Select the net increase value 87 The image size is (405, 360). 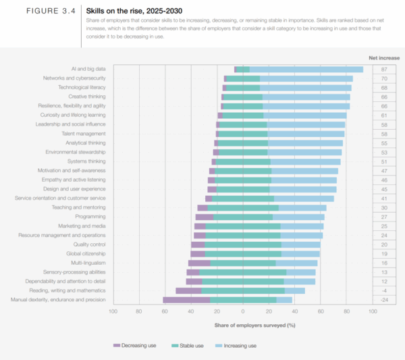pyautogui.click(x=383, y=70)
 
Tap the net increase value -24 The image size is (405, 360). pyautogui.click(x=383, y=299)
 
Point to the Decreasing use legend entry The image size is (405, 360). pyautogui.click(x=138, y=345)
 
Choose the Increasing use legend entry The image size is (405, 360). pyautogui.click(x=239, y=345)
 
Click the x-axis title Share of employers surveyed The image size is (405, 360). pyautogui.click(x=255, y=325)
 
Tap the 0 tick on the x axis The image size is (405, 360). pyautogui.click(x=242, y=312)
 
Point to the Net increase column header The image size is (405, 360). pyautogui.click(x=383, y=57)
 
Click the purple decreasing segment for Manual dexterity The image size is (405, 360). pyautogui.click(x=186, y=299)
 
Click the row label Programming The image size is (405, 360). pyautogui.click(x=90, y=217)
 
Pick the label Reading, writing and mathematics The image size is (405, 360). pyautogui.click(x=72, y=290)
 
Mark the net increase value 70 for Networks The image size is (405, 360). pyautogui.click(x=383, y=78)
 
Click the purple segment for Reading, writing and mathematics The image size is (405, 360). pyautogui.click(x=188, y=290)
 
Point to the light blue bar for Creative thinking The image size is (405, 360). pyautogui.click(x=306, y=97)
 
